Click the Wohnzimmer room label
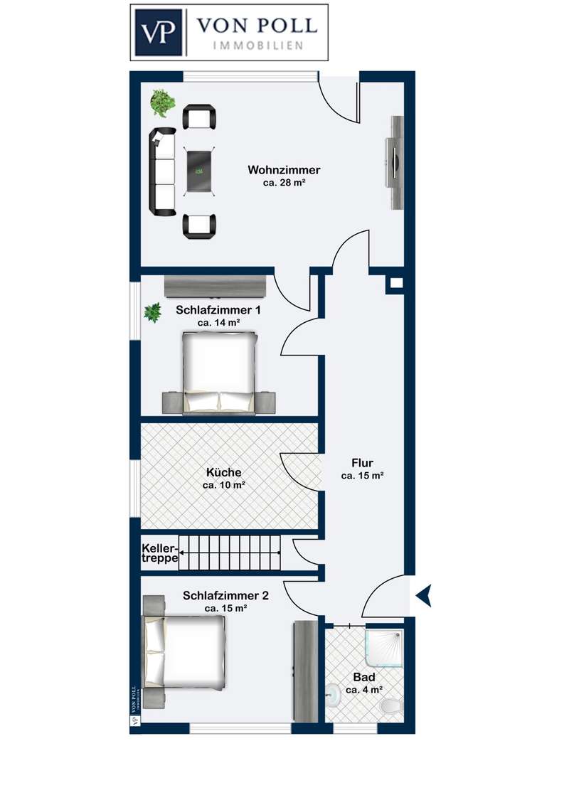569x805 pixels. point(284,169)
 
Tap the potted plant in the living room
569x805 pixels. point(163,102)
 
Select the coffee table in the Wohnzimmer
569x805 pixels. point(199,171)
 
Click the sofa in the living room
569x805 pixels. point(162,171)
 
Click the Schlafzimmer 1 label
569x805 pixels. point(218,310)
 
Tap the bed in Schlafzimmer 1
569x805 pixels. point(220,372)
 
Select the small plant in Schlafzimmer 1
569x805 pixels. point(152,312)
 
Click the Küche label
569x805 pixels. point(224,472)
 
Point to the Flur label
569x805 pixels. point(363,462)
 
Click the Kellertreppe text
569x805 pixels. point(160,553)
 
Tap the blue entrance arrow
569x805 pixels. point(424,595)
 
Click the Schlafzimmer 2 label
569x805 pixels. point(226,595)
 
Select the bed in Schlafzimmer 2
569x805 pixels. point(184,651)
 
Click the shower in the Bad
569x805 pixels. point(385,649)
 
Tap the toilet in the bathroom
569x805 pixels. point(393,706)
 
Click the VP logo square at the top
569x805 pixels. point(159,32)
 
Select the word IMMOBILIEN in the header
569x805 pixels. point(257,46)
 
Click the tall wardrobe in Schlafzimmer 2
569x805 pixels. point(306,671)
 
